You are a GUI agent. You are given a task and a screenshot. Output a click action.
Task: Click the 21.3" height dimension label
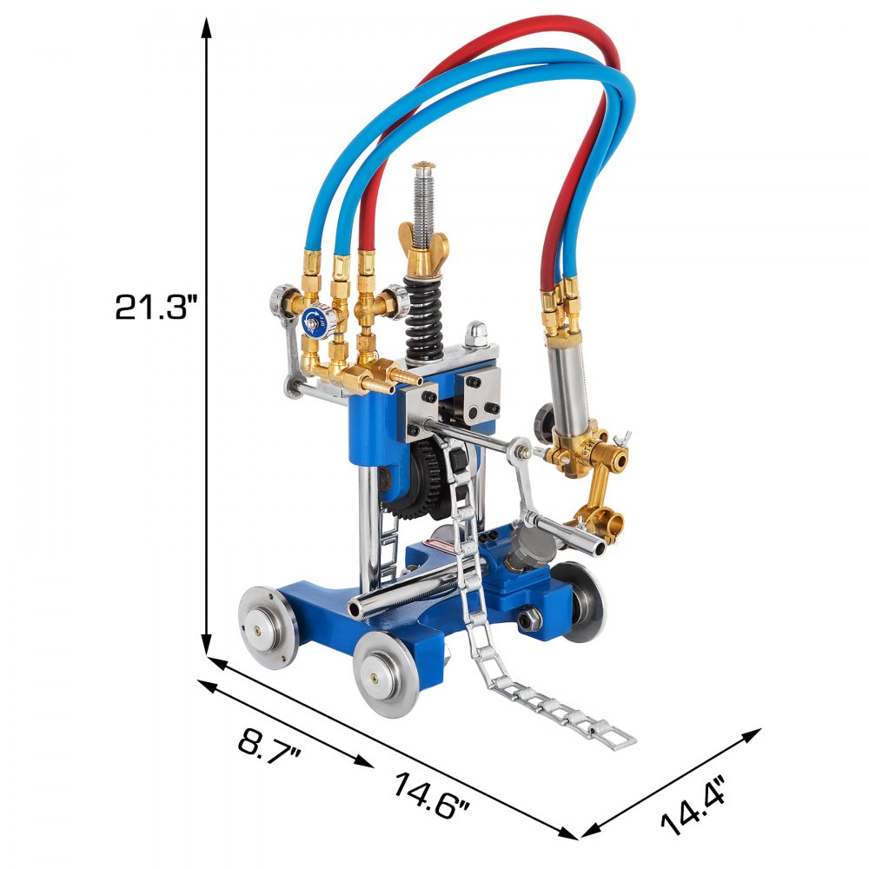coord(157,306)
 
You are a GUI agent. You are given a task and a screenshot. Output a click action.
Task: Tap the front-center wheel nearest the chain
coord(388,673)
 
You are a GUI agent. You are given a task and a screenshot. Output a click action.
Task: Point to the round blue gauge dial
coord(310,321)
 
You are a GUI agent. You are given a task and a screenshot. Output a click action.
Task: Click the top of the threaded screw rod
coord(423,165)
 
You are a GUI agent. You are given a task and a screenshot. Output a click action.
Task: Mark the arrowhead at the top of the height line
coord(207,26)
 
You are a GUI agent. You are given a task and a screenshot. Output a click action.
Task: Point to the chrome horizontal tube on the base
coord(400,594)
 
